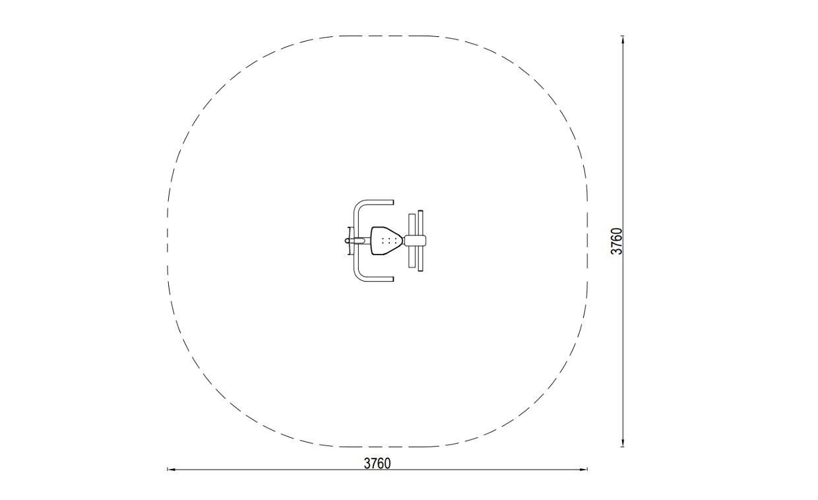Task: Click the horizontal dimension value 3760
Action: [377, 464]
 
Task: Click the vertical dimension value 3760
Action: [617, 241]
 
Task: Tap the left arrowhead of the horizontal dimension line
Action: [170, 469]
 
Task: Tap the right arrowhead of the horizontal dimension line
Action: [584, 469]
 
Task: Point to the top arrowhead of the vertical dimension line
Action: [623, 39]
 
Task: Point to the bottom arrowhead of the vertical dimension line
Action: [623, 443]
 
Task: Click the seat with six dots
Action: [387, 241]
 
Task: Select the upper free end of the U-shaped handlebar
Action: [393, 202]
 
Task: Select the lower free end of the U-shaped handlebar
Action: [393, 279]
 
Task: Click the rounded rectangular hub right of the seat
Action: [415, 241]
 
